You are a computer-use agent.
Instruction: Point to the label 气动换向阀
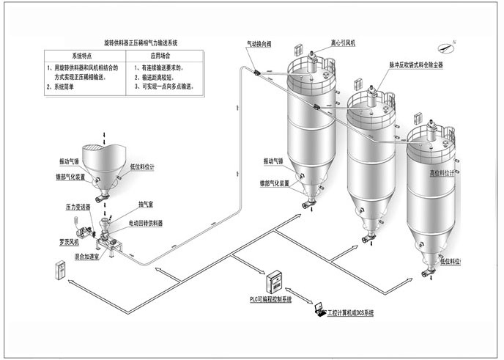point(259,45)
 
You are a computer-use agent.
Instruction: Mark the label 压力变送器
point(78,207)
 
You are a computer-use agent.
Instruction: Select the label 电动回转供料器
point(146,222)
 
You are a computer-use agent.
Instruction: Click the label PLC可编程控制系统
point(271,300)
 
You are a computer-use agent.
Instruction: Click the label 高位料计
point(442,174)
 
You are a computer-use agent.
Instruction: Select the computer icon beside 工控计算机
point(320,311)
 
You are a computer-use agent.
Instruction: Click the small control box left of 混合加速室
point(59,271)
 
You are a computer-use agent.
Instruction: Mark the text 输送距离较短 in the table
point(158,76)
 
